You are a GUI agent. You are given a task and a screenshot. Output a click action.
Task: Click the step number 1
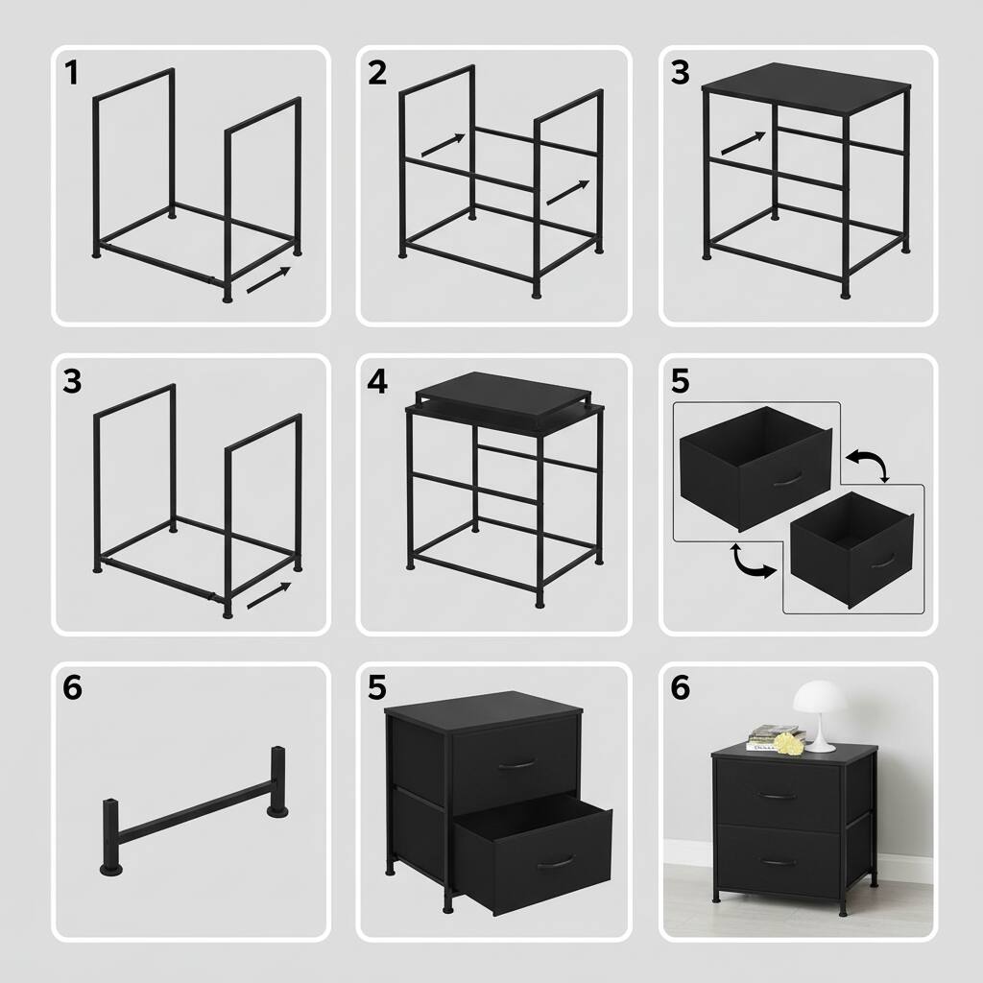point(71,73)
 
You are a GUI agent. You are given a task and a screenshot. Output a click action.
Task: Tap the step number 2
point(377,73)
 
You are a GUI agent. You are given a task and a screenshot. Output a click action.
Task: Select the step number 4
point(377,381)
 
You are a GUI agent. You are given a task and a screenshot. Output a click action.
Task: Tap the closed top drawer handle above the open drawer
point(516,764)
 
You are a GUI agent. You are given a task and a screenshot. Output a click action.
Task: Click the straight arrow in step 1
point(269,280)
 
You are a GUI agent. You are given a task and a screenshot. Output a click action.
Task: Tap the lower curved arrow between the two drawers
point(752,562)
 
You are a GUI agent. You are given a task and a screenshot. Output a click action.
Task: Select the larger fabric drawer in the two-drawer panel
point(755,466)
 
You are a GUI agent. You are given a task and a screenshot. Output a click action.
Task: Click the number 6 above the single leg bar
point(72,688)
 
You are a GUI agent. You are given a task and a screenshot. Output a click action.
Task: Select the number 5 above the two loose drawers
point(681,381)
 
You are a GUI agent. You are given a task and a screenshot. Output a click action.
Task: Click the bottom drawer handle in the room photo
point(778,861)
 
